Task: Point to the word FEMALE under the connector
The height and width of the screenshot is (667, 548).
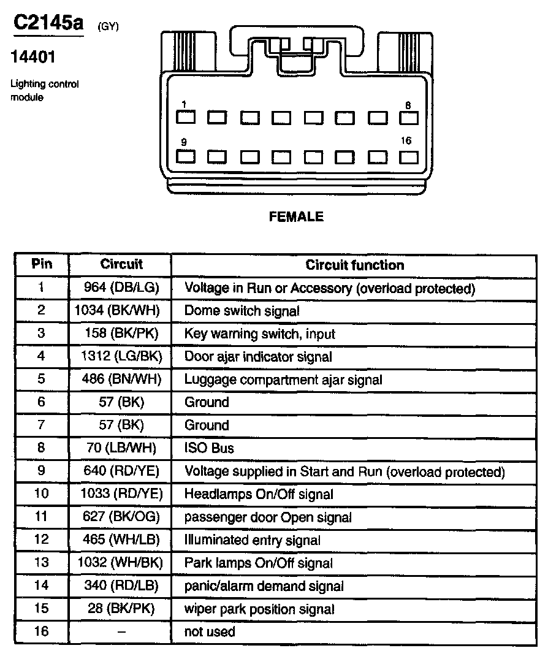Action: tap(296, 216)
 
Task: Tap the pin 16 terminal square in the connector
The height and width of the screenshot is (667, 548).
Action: tap(408, 156)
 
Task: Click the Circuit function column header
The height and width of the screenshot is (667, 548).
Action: tap(355, 265)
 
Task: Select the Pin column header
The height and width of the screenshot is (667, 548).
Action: tap(42, 264)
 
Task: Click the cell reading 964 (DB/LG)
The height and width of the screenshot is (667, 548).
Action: tap(121, 288)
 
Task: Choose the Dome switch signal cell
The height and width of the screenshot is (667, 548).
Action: tap(242, 311)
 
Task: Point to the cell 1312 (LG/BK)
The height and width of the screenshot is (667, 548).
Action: tap(121, 356)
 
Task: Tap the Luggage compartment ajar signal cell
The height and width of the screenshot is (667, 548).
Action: tap(283, 379)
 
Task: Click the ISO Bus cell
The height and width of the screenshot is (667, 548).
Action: tap(209, 448)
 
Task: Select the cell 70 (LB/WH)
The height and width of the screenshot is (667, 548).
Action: tap(121, 448)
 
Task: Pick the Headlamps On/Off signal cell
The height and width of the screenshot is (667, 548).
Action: tap(259, 494)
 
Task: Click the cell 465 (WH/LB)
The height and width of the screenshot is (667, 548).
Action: tap(121, 540)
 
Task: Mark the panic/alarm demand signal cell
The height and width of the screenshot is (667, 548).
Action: tap(264, 586)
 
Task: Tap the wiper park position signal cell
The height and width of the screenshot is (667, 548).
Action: tap(259, 609)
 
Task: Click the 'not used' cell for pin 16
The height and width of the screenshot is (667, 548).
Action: tap(210, 631)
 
